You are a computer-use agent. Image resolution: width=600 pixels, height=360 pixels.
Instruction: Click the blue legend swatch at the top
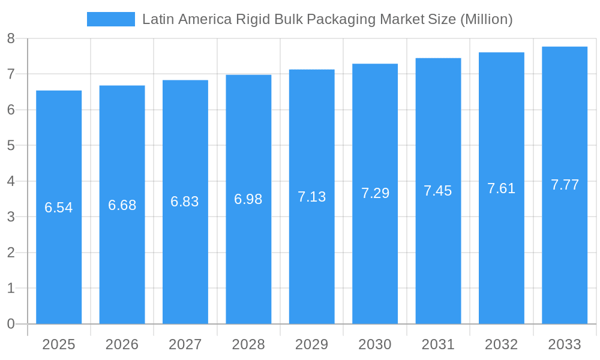coord(111,19)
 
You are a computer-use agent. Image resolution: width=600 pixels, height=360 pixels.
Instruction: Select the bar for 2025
coord(59,264)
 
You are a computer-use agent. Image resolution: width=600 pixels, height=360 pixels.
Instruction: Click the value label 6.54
coord(59,208)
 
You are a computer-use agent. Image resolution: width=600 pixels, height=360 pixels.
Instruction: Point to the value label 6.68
coord(122,205)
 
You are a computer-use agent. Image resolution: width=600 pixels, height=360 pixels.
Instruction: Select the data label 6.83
coord(185,202)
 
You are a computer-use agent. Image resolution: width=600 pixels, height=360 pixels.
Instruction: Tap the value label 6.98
coord(248,199)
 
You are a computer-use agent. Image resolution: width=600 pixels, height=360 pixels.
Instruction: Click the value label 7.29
coord(375,193)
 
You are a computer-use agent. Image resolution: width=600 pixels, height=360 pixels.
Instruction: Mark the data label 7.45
coord(438,191)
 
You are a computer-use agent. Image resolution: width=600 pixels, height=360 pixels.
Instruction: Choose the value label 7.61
coord(501,188)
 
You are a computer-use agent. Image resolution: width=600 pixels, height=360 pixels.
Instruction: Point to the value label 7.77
coord(565,185)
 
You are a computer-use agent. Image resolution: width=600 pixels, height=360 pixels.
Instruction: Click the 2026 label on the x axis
coord(122,344)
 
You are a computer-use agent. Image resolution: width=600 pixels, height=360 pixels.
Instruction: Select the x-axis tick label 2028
coord(248,344)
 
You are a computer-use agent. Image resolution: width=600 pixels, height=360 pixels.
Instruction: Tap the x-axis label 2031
coord(438,344)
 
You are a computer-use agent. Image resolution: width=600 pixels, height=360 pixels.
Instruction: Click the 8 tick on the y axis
coord(11,39)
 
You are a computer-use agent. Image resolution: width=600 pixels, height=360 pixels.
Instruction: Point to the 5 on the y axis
coord(11,146)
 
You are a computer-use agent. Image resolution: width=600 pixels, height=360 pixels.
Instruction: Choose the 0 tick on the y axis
coord(11,324)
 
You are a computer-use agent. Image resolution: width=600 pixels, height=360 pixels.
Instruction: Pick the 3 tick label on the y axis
coord(11,217)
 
